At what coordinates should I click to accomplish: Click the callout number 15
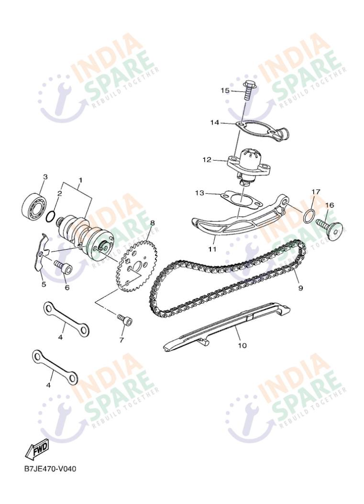click(225, 90)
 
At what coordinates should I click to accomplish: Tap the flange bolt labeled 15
click(247, 91)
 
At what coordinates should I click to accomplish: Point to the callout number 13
click(199, 193)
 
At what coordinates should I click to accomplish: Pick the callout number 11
click(212, 249)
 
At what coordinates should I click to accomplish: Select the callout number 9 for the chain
click(301, 288)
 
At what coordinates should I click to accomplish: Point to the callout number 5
click(44, 285)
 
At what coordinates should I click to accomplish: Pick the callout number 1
click(80, 180)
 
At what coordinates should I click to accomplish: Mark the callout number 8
click(152, 222)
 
